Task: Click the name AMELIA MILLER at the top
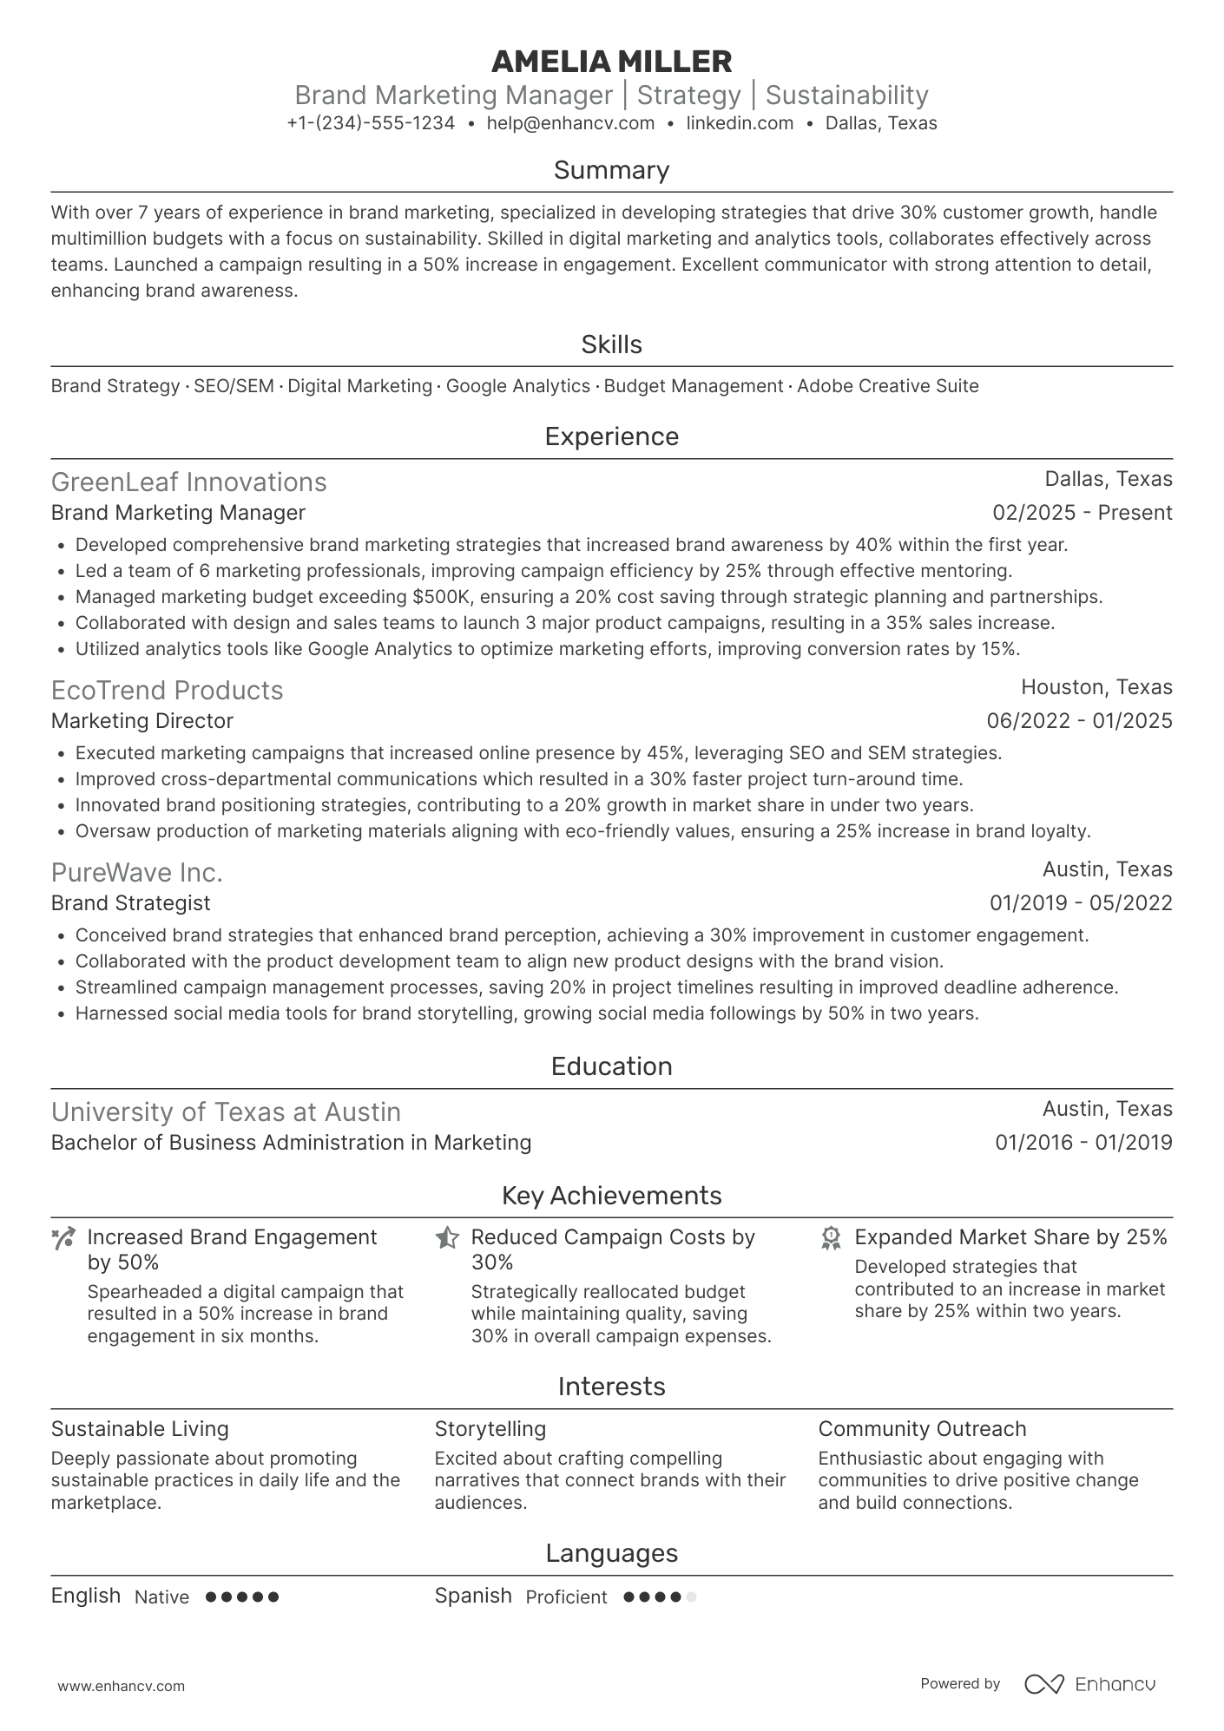[x=611, y=62]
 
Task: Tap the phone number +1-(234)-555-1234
[x=371, y=123]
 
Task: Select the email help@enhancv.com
[x=570, y=123]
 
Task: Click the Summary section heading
[x=611, y=170]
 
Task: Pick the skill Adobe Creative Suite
[x=887, y=386]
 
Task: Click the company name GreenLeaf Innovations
[x=188, y=482]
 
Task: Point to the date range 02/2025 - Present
[x=1082, y=513]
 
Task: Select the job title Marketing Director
[x=142, y=721]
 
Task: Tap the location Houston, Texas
[x=1096, y=687]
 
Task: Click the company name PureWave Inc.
[x=136, y=872]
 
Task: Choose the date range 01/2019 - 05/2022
[x=1080, y=903]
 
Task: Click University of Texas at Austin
[x=226, y=1112]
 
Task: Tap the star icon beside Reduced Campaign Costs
[x=447, y=1238]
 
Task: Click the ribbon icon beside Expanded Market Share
[x=831, y=1238]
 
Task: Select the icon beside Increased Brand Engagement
[x=63, y=1238]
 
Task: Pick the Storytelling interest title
[x=490, y=1429]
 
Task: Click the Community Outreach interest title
[x=922, y=1429]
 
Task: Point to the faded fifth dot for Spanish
[x=691, y=1597]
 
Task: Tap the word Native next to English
[x=161, y=1597]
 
